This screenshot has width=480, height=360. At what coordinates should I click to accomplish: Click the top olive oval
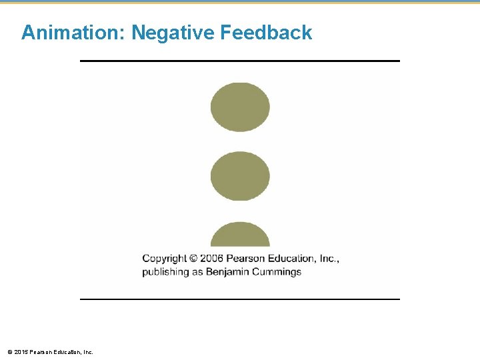pyautogui.click(x=240, y=107)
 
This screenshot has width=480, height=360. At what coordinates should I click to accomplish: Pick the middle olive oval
pyautogui.click(x=240, y=176)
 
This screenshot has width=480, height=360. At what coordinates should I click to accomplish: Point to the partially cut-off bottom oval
pyautogui.click(x=240, y=235)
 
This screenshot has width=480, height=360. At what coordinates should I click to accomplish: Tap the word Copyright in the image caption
pyautogui.click(x=164, y=259)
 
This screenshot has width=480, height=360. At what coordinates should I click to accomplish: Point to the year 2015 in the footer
pyautogui.click(x=20, y=351)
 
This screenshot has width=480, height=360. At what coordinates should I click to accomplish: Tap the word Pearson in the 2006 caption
pyautogui.click(x=247, y=259)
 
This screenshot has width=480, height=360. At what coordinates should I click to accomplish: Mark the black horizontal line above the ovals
pyautogui.click(x=240, y=61)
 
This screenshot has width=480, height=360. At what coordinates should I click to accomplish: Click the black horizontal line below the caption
pyautogui.click(x=240, y=299)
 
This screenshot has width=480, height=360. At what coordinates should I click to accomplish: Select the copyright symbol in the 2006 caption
pyautogui.click(x=193, y=259)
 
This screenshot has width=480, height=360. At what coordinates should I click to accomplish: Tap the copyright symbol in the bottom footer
pyautogui.click(x=9, y=351)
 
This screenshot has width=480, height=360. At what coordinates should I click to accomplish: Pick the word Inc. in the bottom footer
pyautogui.click(x=87, y=351)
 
